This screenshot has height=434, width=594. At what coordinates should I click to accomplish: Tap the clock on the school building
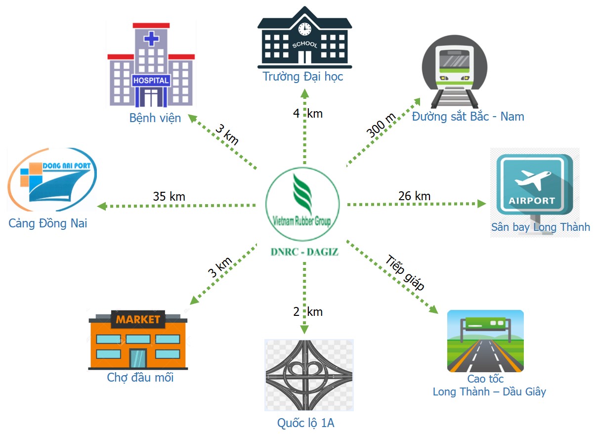click(x=304, y=28)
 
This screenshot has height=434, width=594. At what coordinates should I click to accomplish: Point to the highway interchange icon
click(x=309, y=375)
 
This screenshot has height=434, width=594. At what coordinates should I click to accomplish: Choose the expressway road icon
click(x=485, y=341)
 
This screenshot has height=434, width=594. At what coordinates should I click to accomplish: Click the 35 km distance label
click(x=169, y=196)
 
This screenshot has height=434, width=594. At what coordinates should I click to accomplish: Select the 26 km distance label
click(x=414, y=196)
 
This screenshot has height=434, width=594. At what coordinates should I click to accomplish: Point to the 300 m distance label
click(x=381, y=125)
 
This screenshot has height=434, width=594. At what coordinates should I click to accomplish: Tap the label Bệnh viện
click(x=155, y=118)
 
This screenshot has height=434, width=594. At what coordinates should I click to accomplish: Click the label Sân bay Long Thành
click(x=540, y=227)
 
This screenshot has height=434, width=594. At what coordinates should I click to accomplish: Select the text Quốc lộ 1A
click(x=309, y=423)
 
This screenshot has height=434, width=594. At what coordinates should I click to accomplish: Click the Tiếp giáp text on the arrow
click(x=405, y=273)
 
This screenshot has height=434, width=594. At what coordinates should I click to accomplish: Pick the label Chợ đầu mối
click(x=140, y=378)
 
